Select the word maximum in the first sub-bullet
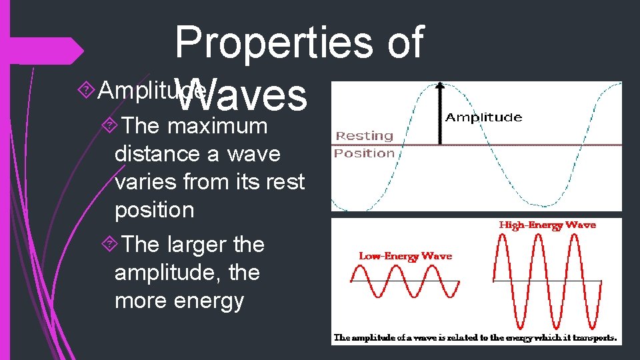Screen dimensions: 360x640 coord(217,125)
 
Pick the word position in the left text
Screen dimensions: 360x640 coord(154,209)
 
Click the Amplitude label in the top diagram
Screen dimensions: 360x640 coord(483,117)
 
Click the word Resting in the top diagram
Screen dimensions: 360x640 coord(364,135)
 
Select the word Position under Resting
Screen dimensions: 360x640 coord(364,153)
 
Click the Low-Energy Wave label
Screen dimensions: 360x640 coord(405,255)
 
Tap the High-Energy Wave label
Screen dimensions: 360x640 coord(547,225)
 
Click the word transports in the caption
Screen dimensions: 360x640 coord(590,338)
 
